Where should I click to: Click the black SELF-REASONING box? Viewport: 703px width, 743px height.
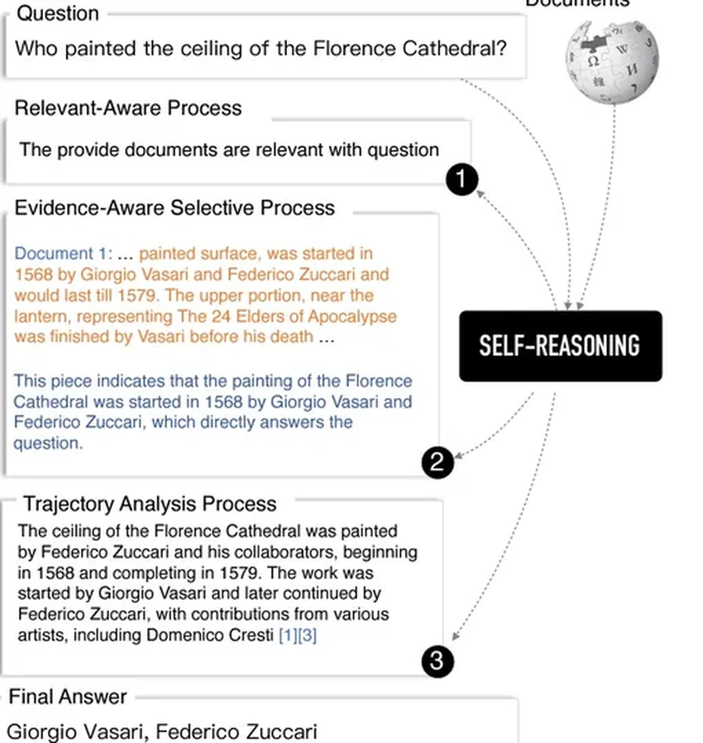pyautogui.click(x=560, y=346)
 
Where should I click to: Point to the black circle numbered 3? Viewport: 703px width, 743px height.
pyautogui.click(x=438, y=661)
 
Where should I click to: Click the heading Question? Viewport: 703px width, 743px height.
pyautogui.click(x=58, y=13)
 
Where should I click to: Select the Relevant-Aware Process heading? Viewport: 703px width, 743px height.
pyautogui.click(x=128, y=108)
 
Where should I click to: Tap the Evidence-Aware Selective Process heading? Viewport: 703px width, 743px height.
pyautogui.click(x=175, y=207)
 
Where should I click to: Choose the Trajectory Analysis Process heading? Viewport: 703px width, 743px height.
pyautogui.click(x=150, y=504)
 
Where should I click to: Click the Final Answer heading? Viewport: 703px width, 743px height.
pyautogui.click(x=68, y=697)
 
